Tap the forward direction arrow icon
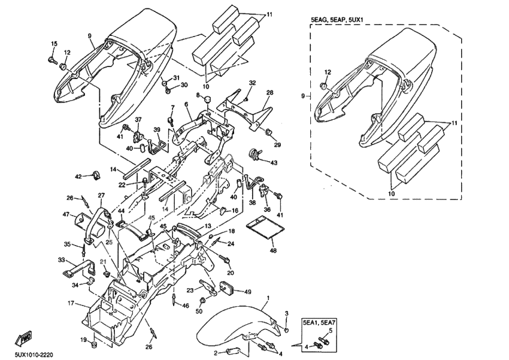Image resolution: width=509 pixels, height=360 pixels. pyautogui.click(x=24, y=338)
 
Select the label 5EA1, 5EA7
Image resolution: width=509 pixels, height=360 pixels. pyautogui.click(x=319, y=322)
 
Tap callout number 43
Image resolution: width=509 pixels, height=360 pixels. pyautogui.click(x=274, y=162)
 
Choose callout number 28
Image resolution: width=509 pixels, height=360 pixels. pyautogui.click(x=269, y=93)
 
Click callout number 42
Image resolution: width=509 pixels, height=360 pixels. pyautogui.click(x=78, y=176)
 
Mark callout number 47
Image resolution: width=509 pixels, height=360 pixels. pyautogui.click(x=66, y=214)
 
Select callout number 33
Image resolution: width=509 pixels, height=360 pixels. pyautogui.click(x=61, y=259)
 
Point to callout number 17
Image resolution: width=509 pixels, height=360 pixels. pyautogui.click(x=70, y=303)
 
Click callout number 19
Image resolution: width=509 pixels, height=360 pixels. pyautogui.click(x=83, y=340)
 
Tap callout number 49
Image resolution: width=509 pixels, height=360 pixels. pyautogui.click(x=247, y=292)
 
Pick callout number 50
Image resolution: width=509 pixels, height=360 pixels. pyautogui.click(x=199, y=310)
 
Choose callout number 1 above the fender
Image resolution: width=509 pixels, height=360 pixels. pyautogui.click(x=268, y=298)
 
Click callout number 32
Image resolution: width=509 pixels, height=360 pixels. pyautogui.click(x=253, y=82)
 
